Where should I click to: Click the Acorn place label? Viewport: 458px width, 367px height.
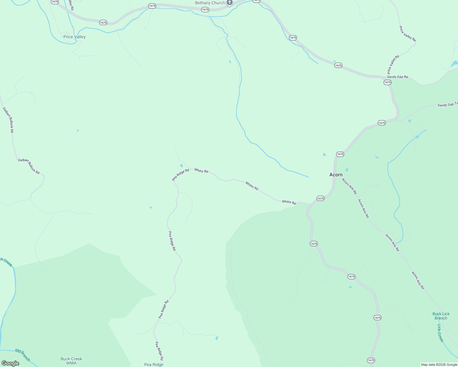(x=336, y=175)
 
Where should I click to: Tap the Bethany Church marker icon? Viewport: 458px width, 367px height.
(x=230, y=3)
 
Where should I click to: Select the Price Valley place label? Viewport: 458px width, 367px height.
(x=74, y=37)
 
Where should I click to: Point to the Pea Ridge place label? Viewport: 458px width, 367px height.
(x=154, y=365)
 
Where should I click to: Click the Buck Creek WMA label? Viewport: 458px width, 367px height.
(x=71, y=361)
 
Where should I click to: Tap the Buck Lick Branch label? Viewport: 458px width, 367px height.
(x=441, y=316)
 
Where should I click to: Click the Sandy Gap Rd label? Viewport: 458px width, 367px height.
(x=397, y=77)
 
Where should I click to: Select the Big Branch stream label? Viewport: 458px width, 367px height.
(x=23, y=355)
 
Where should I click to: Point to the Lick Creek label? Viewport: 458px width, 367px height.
(x=440, y=333)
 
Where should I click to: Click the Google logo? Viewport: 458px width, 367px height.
(x=10, y=363)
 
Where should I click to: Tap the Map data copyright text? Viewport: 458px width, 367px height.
(x=439, y=365)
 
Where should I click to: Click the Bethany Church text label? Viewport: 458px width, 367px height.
(x=210, y=3)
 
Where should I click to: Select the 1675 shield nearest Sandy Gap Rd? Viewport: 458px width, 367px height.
(x=388, y=82)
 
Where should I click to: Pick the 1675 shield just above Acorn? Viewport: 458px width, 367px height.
(x=340, y=154)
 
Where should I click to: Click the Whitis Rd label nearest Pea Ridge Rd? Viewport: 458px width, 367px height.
(x=201, y=171)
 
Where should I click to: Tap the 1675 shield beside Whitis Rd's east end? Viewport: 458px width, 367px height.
(x=321, y=198)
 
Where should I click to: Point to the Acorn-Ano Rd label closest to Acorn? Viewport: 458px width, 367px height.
(x=349, y=186)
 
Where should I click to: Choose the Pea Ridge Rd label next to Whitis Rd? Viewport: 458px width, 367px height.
(x=181, y=175)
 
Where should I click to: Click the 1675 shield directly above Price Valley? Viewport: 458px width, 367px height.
(x=103, y=23)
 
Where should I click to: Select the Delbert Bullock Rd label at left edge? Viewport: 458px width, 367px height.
(x=8, y=120)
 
